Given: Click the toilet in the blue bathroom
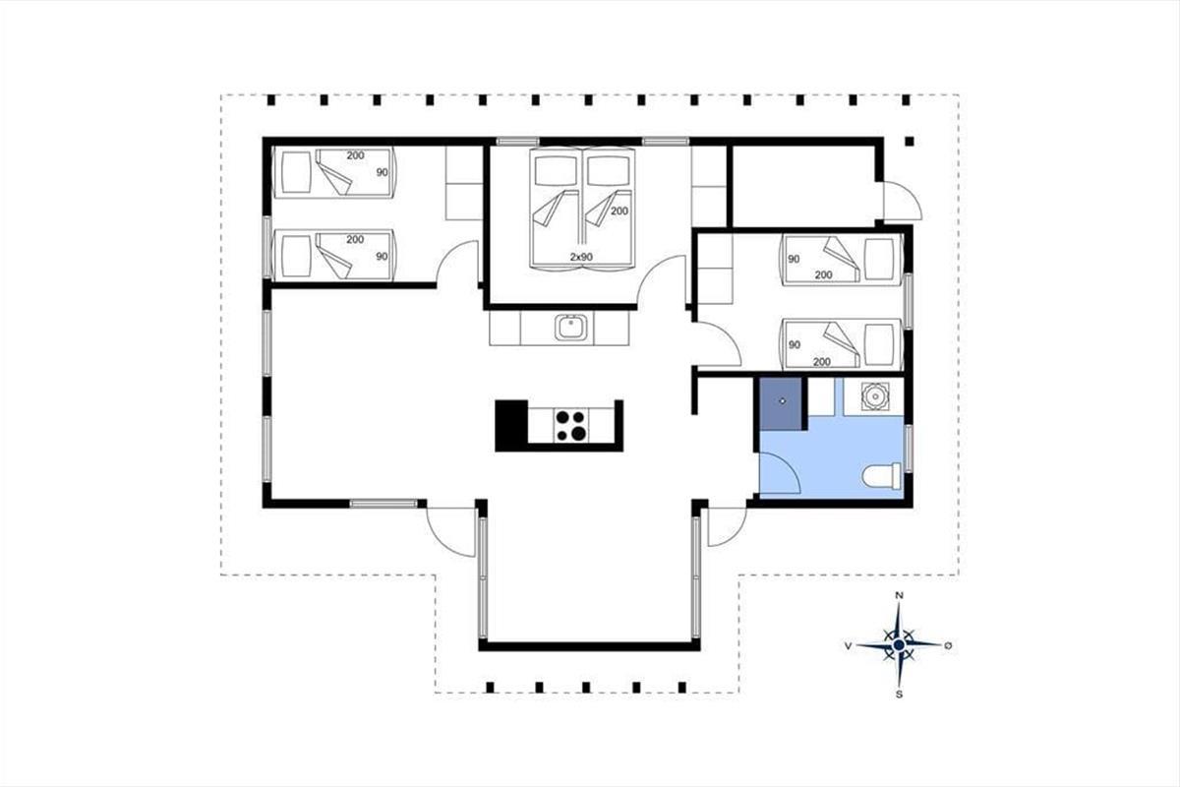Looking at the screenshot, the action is coord(882,475).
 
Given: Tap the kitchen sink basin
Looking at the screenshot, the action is coord(570,327).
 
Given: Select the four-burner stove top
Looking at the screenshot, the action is coord(571,425).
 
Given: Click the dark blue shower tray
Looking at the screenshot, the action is coord(780,403).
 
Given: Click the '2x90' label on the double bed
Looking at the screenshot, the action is coord(581,257).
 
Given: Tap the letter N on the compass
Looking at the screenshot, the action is coord(899,595).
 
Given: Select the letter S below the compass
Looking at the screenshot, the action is coord(899,695).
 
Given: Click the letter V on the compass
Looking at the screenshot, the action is coord(848,645).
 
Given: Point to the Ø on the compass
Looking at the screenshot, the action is coord(948,645).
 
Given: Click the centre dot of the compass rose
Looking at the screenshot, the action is coord(899,645).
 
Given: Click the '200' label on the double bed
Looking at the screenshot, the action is coord(619,211).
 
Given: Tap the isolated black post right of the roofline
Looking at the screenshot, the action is coord(910,142).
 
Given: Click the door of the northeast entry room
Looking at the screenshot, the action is coord(903,201).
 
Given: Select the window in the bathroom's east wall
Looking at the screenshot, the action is coord(909,449).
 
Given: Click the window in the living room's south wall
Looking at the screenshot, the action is coord(383,504).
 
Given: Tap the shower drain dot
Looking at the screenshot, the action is coord(783,401).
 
